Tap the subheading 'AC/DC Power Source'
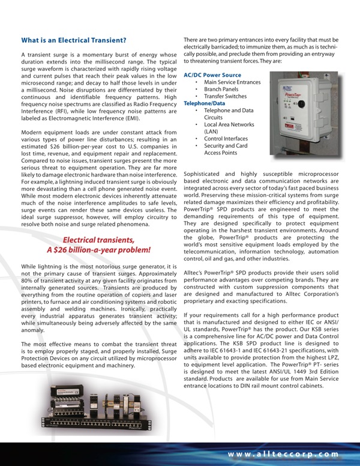(212, 75)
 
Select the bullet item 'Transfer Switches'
(225, 96)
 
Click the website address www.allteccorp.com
(287, 455)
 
